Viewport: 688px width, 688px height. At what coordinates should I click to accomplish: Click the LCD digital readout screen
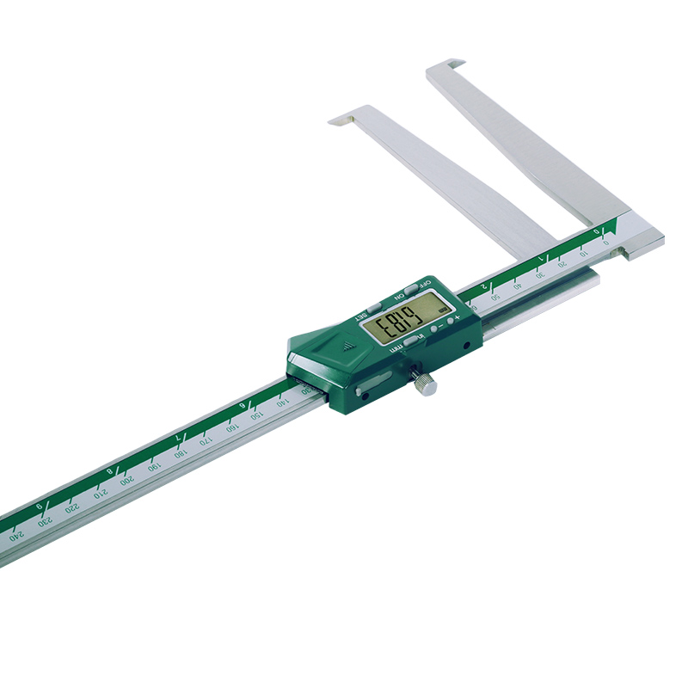[401, 324]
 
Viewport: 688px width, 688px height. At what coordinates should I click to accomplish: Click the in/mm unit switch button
[412, 342]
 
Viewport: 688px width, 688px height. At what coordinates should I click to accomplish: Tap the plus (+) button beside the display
[451, 319]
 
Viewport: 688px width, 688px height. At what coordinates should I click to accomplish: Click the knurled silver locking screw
[425, 384]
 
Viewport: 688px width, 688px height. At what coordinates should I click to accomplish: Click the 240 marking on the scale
[15, 535]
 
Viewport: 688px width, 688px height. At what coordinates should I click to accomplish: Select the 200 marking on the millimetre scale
[126, 480]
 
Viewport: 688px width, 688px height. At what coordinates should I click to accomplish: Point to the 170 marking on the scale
[205, 441]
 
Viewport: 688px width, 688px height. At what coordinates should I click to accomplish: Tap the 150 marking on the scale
[256, 415]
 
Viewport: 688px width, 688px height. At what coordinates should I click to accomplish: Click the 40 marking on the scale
[518, 286]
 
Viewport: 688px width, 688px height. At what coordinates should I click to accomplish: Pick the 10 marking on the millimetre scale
[584, 253]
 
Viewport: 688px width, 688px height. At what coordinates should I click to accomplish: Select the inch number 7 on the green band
[177, 439]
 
